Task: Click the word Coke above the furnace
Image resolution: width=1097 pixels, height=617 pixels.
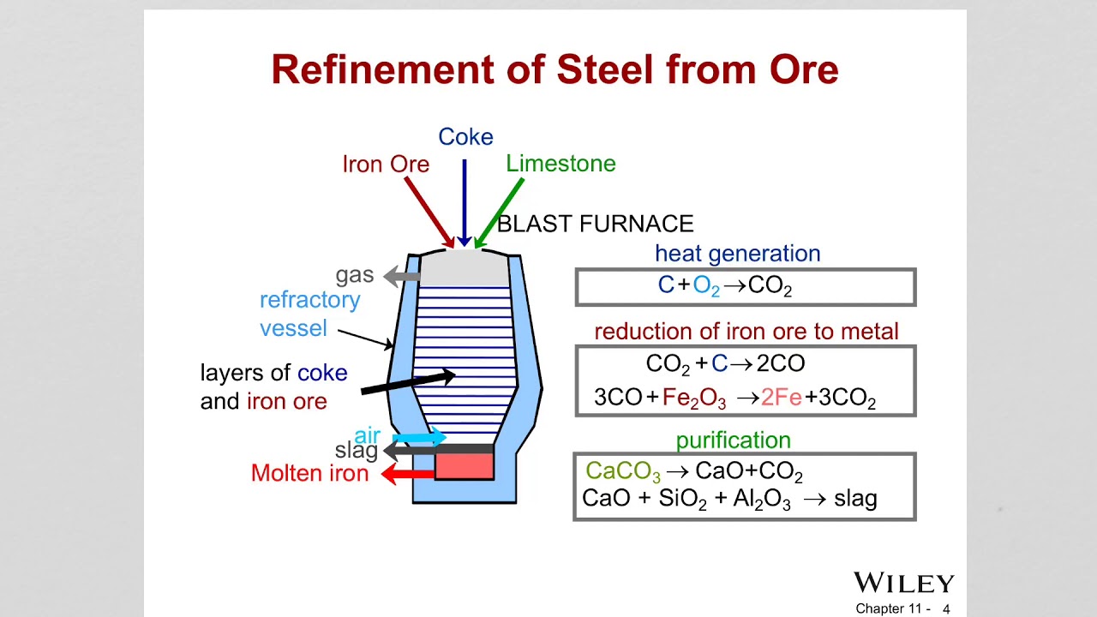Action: (465, 137)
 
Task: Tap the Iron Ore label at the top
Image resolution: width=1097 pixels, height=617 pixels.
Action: (386, 165)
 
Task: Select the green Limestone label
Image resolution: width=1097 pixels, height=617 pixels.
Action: (560, 164)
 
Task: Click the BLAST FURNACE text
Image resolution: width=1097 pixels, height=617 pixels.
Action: (595, 225)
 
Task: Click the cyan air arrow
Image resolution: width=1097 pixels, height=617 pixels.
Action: (420, 437)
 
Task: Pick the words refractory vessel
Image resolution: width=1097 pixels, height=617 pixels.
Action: (309, 314)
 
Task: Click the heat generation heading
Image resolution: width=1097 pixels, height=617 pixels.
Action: (737, 254)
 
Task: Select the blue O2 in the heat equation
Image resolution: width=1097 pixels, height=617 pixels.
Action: (706, 287)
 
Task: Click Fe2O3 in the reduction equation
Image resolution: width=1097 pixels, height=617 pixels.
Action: (694, 398)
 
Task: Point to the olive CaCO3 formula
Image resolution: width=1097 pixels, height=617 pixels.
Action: (622, 472)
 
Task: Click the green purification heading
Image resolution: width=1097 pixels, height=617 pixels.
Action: (733, 440)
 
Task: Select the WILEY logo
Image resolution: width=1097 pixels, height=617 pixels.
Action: (903, 584)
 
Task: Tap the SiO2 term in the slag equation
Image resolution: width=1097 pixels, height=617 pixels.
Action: (682, 500)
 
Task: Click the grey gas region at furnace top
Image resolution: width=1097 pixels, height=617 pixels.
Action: (464, 267)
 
